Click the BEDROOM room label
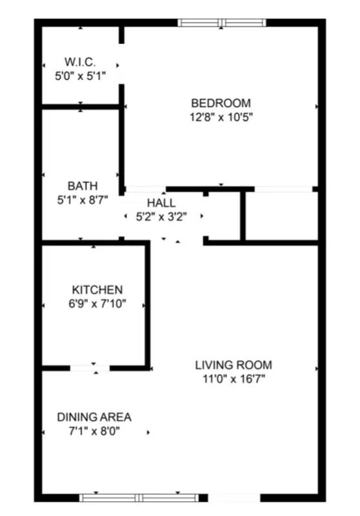click(x=221, y=103)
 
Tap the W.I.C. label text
click(x=80, y=62)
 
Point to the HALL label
click(x=161, y=203)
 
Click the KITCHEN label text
click(x=97, y=290)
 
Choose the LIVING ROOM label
click(x=234, y=364)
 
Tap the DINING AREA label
click(x=94, y=417)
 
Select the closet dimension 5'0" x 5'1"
click(x=80, y=75)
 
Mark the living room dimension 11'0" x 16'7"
click(x=234, y=379)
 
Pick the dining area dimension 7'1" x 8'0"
click(x=94, y=431)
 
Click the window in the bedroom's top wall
click(x=222, y=23)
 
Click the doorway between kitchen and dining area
click(x=90, y=368)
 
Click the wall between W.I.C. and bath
click(x=81, y=106)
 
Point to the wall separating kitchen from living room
click(x=147, y=303)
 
